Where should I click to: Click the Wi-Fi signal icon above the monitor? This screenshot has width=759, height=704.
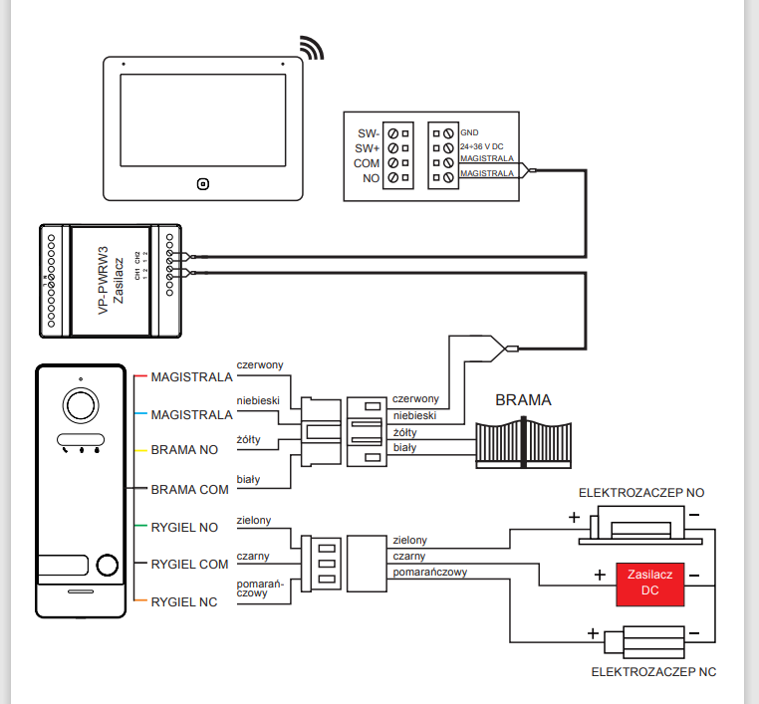click(x=313, y=48)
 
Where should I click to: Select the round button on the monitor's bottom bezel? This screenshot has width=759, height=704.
click(x=202, y=183)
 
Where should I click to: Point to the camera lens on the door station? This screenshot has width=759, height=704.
click(x=80, y=404)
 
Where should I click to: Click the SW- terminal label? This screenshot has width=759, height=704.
click(x=368, y=132)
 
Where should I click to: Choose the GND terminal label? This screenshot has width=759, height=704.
click(x=469, y=132)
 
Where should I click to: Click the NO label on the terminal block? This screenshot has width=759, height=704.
click(x=372, y=177)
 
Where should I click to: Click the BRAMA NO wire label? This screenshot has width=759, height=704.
click(x=184, y=450)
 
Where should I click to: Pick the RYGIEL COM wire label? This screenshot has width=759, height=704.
click(x=189, y=564)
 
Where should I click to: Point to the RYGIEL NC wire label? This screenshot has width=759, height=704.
click(x=186, y=600)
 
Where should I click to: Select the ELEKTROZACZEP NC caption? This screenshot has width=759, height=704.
click(x=653, y=672)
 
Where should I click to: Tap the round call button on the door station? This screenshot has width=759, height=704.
click(x=109, y=564)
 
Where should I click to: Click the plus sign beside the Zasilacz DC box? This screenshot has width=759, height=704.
click(x=599, y=575)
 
